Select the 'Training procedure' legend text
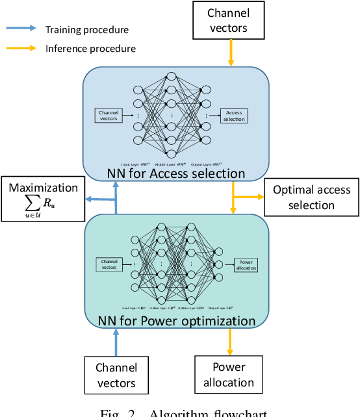click(86, 29)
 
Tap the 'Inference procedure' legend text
click(90, 48)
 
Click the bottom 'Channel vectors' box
click(116, 375)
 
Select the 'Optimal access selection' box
click(311, 197)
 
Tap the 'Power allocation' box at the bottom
click(228, 375)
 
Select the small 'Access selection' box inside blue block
click(233, 116)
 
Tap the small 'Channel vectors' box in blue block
click(108, 116)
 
